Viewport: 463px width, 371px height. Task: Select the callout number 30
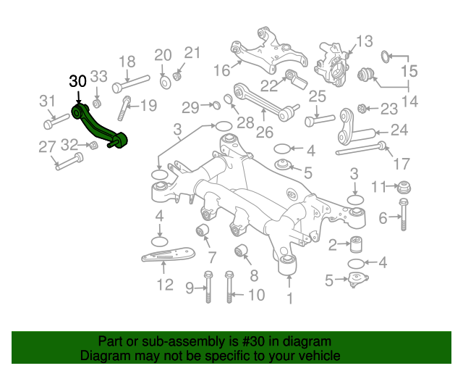78,82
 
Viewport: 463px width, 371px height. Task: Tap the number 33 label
98,76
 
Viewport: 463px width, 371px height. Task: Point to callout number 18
127,62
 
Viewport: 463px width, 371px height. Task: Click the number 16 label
221,70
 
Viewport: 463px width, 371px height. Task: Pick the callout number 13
363,41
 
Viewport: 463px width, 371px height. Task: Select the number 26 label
264,132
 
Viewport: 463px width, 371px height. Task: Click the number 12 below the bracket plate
165,285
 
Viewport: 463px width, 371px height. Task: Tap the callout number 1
290,298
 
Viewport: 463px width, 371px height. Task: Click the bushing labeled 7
203,232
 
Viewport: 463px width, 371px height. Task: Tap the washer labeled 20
164,78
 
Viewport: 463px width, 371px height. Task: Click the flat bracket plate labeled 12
168,257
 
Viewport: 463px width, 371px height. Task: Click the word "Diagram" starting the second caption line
102,357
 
